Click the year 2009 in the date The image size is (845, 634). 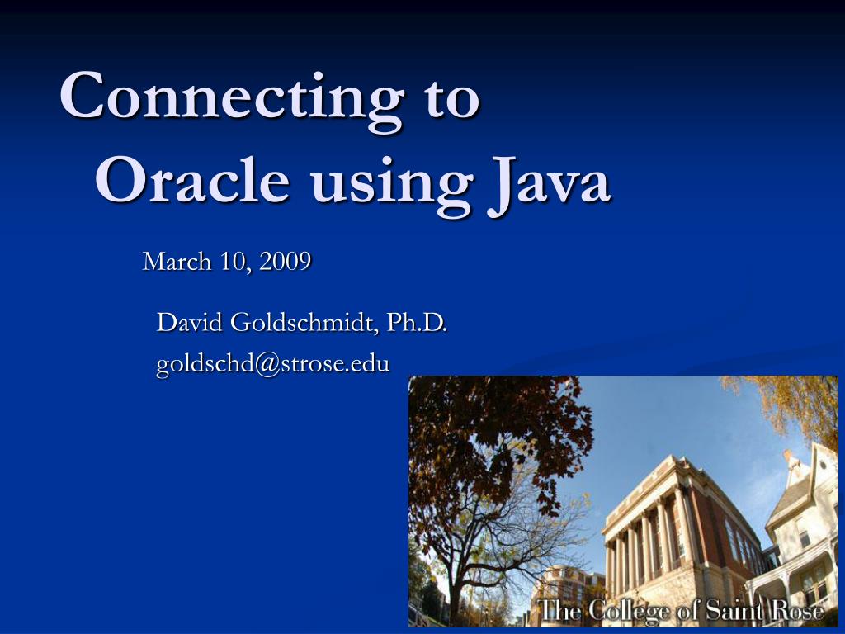click(285, 263)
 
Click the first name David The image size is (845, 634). click(190, 323)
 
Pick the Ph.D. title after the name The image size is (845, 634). click(418, 323)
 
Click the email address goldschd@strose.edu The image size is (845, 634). click(273, 363)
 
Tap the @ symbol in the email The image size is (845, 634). click(268, 364)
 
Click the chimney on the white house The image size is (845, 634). click(791, 458)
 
